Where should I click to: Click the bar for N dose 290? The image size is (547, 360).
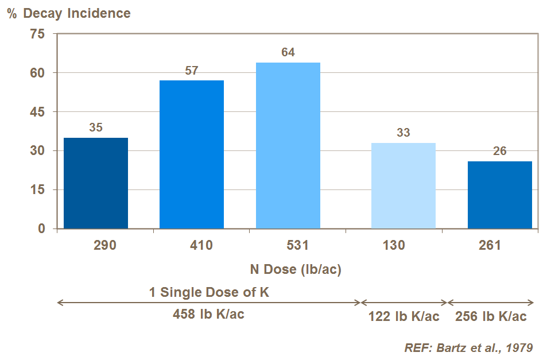(x=96, y=183)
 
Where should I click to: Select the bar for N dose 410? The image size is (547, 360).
(x=192, y=154)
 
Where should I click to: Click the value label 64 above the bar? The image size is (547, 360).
(x=288, y=52)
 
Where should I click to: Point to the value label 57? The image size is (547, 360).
(x=192, y=71)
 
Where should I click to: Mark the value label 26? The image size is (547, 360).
(x=500, y=152)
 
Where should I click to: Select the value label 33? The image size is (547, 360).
(x=404, y=133)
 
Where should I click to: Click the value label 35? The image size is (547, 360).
(x=96, y=127)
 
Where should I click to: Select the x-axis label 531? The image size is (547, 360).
(x=297, y=245)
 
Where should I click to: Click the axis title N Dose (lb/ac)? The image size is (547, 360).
(x=296, y=269)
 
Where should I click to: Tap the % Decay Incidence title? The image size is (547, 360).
(x=69, y=13)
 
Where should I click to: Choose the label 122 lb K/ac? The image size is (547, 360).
(x=404, y=316)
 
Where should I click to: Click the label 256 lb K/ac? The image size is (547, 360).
(x=491, y=316)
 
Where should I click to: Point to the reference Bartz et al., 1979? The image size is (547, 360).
(x=469, y=347)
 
